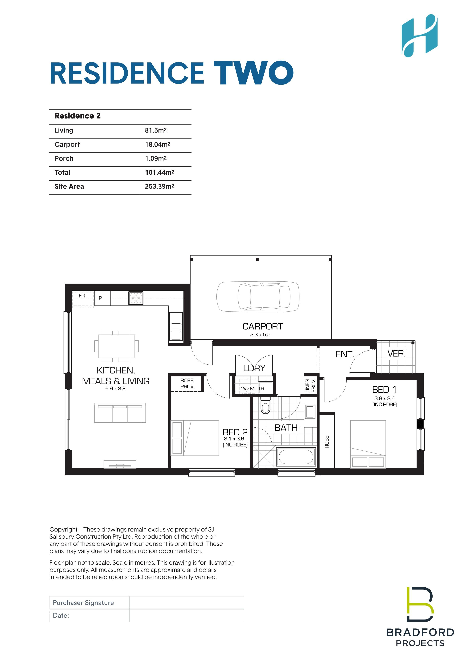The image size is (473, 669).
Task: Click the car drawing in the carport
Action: coord(258,296)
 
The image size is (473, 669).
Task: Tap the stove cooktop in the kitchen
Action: coord(136,298)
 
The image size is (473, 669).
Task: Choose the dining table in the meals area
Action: coord(117,346)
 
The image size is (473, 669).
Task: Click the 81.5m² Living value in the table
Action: coord(156,130)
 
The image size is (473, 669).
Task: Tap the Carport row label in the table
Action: coord(67,145)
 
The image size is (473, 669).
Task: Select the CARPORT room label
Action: coord(263,326)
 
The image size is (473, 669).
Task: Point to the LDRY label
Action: coord(254,368)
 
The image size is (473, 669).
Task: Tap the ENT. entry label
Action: coord(345,354)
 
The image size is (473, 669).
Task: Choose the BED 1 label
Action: coord(384,390)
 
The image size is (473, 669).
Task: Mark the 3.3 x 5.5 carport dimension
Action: coord(260,335)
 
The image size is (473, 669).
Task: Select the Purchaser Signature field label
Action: coord(83,603)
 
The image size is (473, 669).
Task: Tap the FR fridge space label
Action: coord(82,296)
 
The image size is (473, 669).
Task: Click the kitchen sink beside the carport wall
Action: coord(176,326)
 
